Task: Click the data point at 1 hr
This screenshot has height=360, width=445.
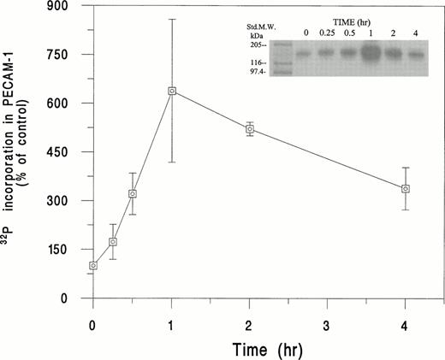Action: pos(172,91)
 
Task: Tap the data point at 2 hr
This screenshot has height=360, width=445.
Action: pos(250,129)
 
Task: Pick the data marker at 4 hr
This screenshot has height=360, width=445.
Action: pos(406,189)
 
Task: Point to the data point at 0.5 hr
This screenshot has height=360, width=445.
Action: pos(133,194)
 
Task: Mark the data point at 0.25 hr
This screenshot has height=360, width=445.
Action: pos(113,242)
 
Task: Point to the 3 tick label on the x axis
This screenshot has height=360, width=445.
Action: pos(329,324)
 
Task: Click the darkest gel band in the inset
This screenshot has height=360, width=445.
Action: pos(371,53)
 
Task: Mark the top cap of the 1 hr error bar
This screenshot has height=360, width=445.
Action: pos(172,19)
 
